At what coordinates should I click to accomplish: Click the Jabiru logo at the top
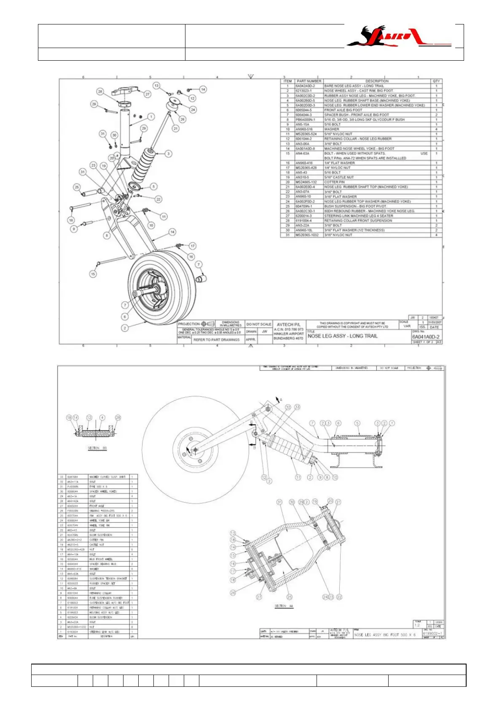398,36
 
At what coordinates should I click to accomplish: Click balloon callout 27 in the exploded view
148,94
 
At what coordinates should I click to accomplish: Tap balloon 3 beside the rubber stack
169,154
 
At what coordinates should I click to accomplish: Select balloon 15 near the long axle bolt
93,274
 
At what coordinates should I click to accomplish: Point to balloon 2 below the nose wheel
125,328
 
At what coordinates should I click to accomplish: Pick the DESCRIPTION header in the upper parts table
376,81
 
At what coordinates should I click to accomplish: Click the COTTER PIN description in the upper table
334,182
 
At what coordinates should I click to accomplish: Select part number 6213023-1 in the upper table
303,91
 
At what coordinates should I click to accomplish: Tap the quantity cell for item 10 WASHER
436,129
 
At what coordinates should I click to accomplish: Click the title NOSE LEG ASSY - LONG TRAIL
342,336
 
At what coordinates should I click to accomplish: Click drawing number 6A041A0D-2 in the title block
426,337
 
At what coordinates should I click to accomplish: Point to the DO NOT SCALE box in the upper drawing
259,324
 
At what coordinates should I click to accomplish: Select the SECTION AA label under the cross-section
284,606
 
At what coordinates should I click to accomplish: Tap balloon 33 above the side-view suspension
297,407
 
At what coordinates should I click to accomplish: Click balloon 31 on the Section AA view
279,502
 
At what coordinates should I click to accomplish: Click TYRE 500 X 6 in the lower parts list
98,487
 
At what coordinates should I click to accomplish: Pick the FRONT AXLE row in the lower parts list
97,506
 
